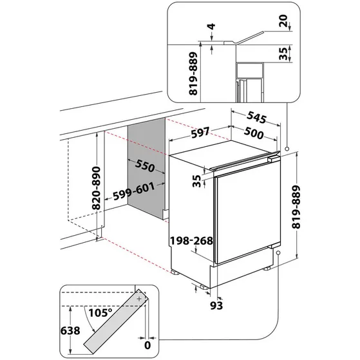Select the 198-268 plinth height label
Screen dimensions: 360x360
coord(191,242)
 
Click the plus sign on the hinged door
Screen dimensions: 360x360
coord(139,298)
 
